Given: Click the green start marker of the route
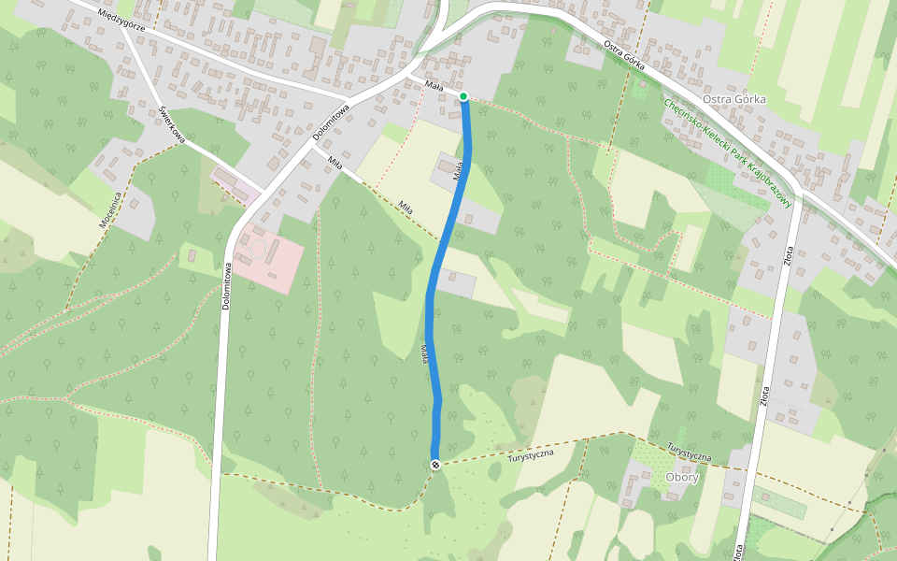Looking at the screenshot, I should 463,96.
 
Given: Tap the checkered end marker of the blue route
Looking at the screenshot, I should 435,465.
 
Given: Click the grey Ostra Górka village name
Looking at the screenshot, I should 733,99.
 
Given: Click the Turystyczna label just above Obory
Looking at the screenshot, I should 691,452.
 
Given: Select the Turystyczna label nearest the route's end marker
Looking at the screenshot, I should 531,453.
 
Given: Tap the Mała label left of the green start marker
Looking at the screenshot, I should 433,85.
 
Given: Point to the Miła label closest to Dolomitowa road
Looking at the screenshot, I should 335,163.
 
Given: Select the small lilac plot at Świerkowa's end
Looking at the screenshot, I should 234,184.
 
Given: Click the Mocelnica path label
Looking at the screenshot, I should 111,210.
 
